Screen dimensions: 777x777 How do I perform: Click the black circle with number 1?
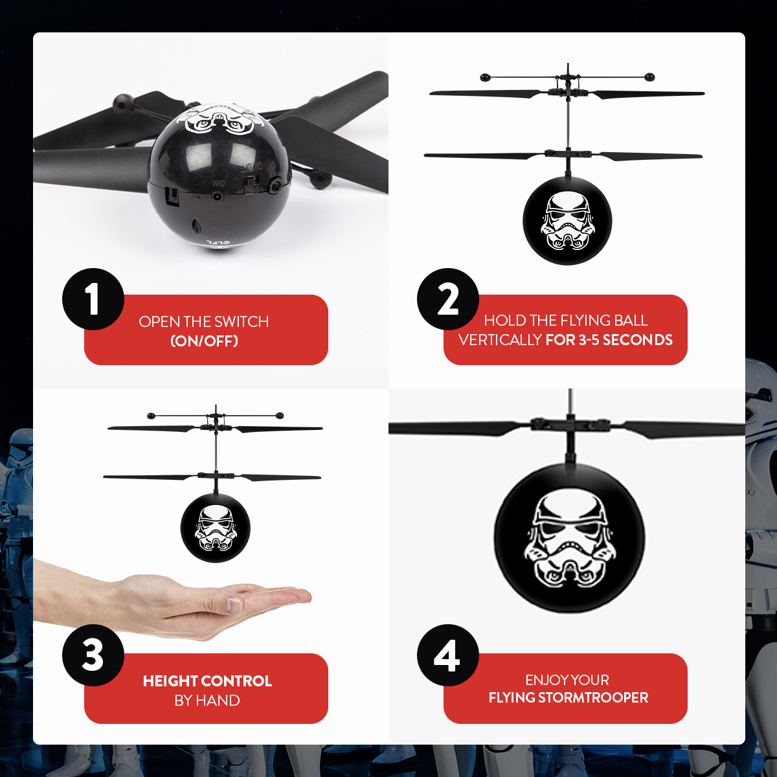[93, 299]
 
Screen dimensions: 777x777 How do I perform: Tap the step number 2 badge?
[448, 299]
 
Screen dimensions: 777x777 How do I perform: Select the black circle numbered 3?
[93, 655]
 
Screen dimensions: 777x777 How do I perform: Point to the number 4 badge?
[448, 655]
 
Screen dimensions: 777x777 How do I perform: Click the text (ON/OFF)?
[204, 341]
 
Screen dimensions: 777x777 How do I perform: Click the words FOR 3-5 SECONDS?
[609, 340]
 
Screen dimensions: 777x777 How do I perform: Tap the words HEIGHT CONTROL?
[207, 681]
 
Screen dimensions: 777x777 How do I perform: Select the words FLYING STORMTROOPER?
[568, 698]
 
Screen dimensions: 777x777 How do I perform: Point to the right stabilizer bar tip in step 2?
[649, 78]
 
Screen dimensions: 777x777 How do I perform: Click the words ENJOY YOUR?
[567, 680]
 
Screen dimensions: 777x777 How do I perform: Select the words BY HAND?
[207, 701]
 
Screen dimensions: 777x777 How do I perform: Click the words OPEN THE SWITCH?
[204, 322]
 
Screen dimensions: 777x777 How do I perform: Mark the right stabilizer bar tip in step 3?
[280, 414]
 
